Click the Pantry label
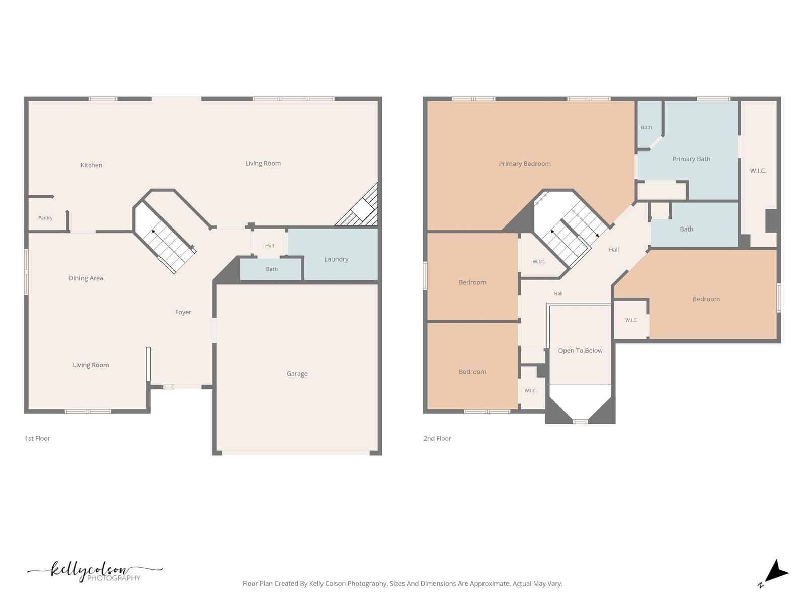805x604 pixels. click(45, 218)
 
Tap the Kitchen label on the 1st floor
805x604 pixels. click(92, 165)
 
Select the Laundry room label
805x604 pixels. click(336, 259)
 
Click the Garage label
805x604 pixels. click(297, 373)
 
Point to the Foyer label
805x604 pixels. click(183, 312)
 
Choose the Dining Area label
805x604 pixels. click(86, 278)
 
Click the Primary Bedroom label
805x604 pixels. click(525, 164)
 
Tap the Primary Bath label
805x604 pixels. click(691, 159)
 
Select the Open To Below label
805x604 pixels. click(580, 351)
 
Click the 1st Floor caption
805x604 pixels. click(37, 438)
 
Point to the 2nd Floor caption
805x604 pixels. click(437, 438)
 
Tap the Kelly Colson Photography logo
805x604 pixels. click(95, 571)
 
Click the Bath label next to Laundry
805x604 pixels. click(272, 269)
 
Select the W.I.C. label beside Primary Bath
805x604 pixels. click(758, 171)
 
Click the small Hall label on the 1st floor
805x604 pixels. click(270, 246)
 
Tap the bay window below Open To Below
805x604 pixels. click(580, 422)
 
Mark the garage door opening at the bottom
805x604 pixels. click(296, 453)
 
